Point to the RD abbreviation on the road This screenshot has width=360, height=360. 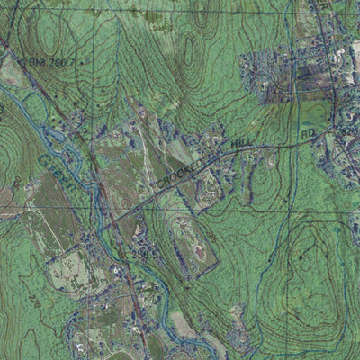[308, 135]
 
